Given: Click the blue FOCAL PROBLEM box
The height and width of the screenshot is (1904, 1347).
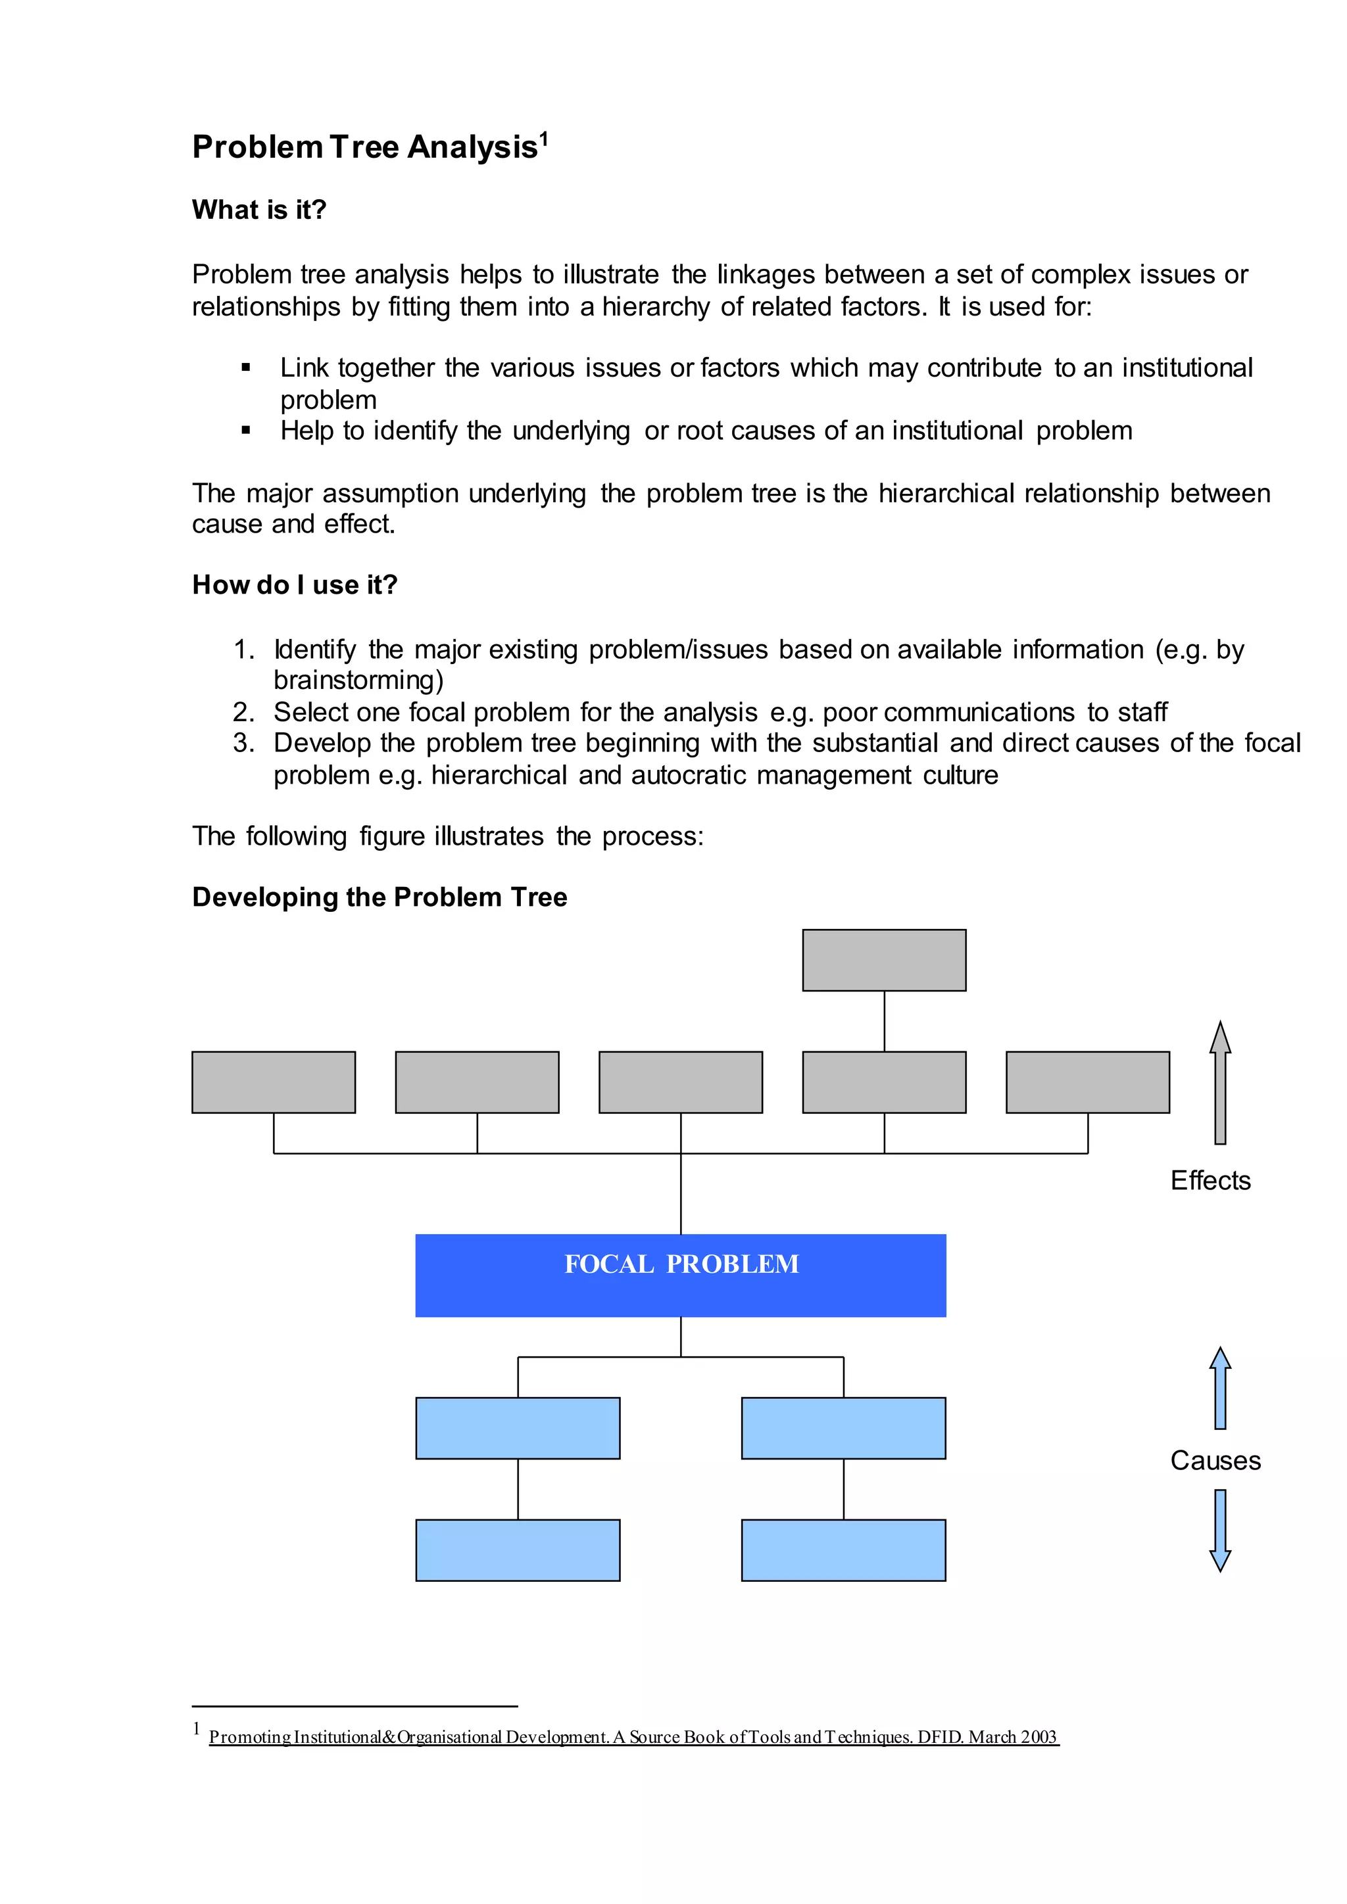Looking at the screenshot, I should click(680, 1275).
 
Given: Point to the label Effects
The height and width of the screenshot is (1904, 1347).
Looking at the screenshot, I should click(1210, 1180).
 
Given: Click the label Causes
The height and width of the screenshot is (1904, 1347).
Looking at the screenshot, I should click(1214, 1460).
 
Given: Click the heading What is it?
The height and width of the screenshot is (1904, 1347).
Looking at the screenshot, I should click(258, 210).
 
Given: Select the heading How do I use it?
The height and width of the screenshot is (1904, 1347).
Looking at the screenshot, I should click(295, 584).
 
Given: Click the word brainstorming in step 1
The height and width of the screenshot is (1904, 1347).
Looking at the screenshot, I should click(355, 681).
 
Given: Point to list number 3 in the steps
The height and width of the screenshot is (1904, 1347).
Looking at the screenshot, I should click(242, 743).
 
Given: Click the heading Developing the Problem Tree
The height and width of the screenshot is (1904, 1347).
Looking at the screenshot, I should click(379, 897).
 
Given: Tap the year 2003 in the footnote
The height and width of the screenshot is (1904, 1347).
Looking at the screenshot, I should click(1039, 1737).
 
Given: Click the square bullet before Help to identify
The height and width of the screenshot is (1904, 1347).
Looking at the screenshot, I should click(245, 431).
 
